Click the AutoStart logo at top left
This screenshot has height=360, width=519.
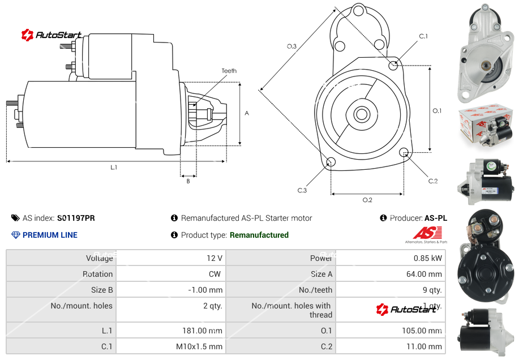click(52, 35)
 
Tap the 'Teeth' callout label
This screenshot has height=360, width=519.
click(229, 71)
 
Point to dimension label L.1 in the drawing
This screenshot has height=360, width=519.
click(114, 168)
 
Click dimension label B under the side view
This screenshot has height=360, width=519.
click(188, 181)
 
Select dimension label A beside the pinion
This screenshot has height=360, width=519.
click(247, 113)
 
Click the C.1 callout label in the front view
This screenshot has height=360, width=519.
click(423, 36)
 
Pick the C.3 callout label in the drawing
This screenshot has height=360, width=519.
click(302, 191)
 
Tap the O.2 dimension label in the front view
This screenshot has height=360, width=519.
click(367, 200)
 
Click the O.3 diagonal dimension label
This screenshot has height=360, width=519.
click(291, 46)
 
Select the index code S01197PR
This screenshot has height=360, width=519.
click(76, 218)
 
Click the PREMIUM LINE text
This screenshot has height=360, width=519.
click(50, 235)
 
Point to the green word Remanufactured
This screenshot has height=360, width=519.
click(259, 235)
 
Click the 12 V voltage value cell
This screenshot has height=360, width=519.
click(215, 258)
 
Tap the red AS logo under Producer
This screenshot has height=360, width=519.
click(427, 233)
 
